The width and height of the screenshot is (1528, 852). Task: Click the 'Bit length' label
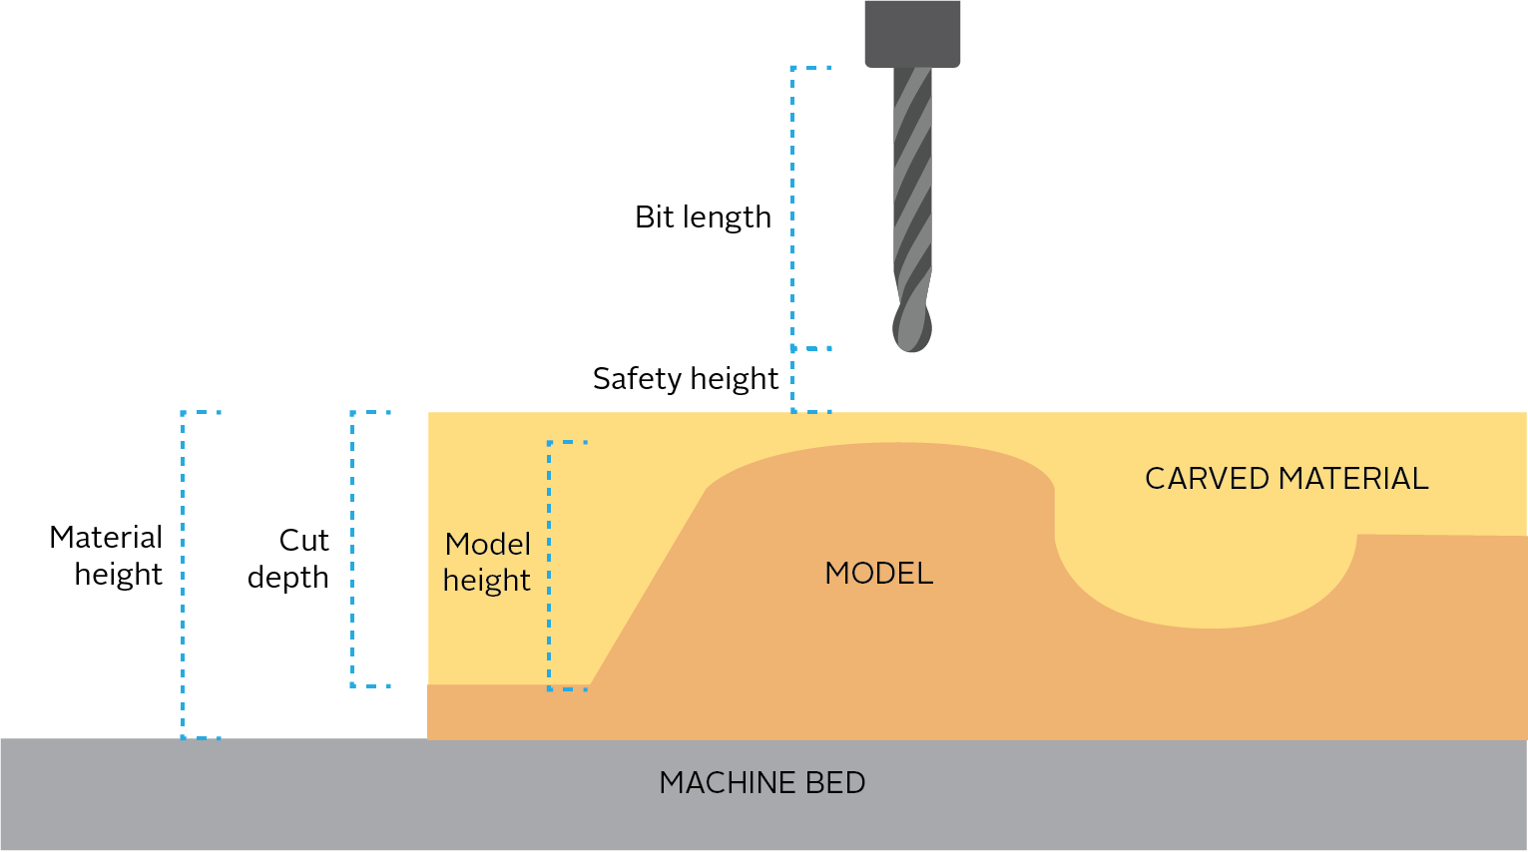(x=703, y=217)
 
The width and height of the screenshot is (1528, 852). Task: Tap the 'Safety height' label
(x=685, y=379)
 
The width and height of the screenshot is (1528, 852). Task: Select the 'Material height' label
(x=107, y=556)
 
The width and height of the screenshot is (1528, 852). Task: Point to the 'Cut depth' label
(x=289, y=559)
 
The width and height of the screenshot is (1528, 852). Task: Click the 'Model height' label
(x=487, y=562)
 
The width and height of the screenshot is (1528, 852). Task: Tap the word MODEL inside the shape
(x=879, y=574)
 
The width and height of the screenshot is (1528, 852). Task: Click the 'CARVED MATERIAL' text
(x=1286, y=479)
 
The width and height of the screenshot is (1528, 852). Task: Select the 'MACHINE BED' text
(x=763, y=783)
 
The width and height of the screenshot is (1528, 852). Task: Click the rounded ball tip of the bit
(x=912, y=326)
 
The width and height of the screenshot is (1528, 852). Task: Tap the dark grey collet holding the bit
(x=912, y=34)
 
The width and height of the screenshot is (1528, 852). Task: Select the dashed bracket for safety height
(x=794, y=380)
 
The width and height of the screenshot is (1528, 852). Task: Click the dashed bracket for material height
(x=184, y=575)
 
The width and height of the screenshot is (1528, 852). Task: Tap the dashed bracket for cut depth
(x=353, y=549)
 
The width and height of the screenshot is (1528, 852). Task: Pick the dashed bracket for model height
(x=550, y=565)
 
